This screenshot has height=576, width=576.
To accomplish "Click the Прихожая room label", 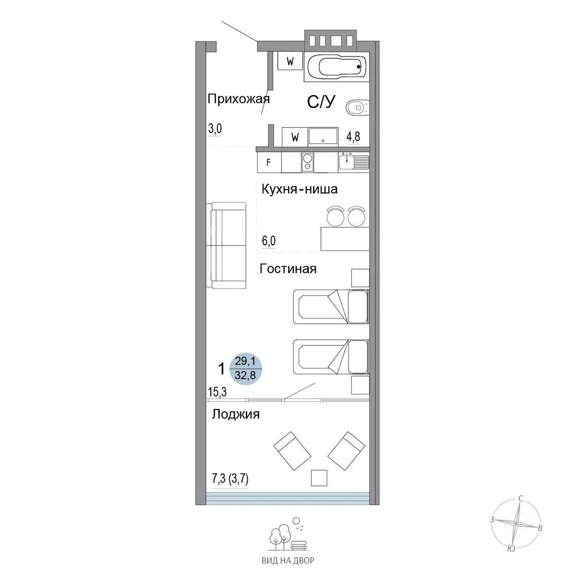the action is (x=238, y=99).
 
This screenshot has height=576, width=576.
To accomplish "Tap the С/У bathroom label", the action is (x=321, y=102).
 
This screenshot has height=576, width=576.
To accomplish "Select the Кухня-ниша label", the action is (x=300, y=190).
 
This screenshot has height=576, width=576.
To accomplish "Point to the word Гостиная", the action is (x=288, y=269).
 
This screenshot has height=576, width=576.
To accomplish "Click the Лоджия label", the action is (x=236, y=414).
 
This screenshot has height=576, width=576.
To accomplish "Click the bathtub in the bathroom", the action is (x=336, y=67).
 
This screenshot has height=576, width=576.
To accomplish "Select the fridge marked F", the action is (x=269, y=162).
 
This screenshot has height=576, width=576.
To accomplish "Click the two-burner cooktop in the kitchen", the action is (x=308, y=162).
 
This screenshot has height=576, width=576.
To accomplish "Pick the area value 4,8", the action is (x=354, y=137).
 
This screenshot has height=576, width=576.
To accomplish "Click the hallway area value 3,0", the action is (x=215, y=128).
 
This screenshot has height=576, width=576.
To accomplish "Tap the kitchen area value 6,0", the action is (x=268, y=241).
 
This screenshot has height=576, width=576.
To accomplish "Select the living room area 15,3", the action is (x=217, y=392).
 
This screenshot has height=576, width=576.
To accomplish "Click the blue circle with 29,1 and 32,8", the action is (x=245, y=369).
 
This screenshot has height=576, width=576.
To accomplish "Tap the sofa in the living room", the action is (x=228, y=245).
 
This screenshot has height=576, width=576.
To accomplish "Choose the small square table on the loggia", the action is (x=319, y=478).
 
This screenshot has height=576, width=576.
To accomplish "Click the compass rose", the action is (x=516, y=523).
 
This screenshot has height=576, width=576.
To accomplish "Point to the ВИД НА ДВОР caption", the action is (x=288, y=560).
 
